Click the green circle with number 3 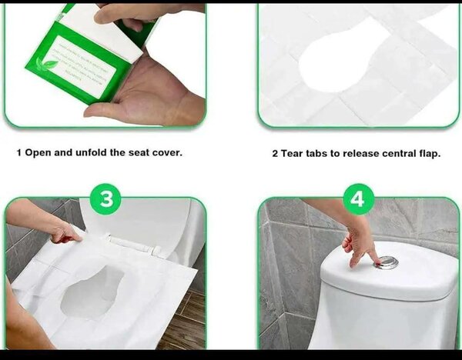pos(106,200)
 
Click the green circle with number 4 pos(357,200)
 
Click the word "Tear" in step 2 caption pos(296,153)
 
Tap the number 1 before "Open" pos(19,152)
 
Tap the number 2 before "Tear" pos(275,153)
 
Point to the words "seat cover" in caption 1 pos(157,152)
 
